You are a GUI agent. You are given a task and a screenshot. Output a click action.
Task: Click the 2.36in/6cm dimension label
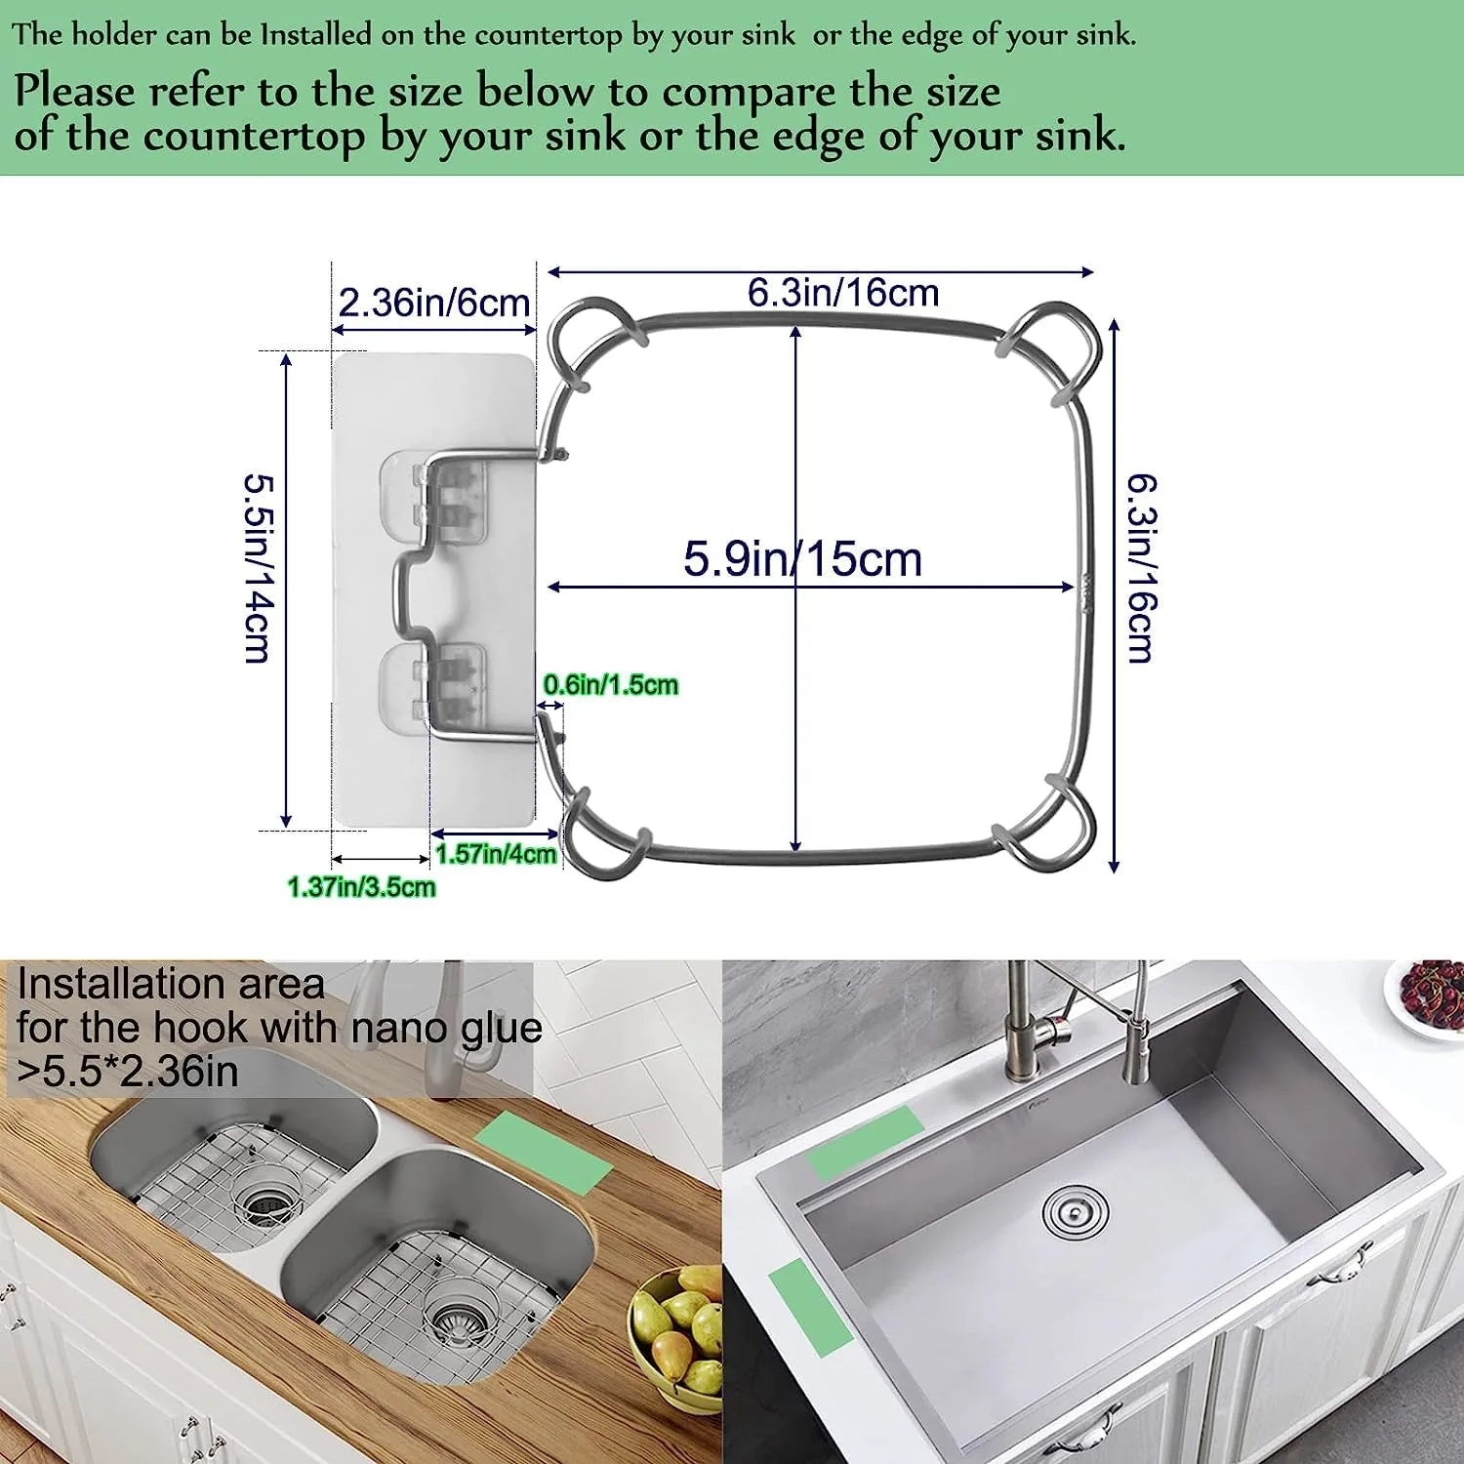tap(433, 303)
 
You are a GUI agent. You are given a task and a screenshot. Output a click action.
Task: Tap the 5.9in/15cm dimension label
tap(802, 559)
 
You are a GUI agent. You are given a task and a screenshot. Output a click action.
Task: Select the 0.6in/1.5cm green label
tap(610, 685)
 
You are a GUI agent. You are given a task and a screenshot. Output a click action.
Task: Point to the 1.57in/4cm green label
tap(496, 855)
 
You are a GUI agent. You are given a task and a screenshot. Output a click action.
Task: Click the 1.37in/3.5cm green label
tap(361, 887)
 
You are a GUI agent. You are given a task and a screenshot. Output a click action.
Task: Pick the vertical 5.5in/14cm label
tap(258, 568)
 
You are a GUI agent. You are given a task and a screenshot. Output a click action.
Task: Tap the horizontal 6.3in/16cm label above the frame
tap(843, 293)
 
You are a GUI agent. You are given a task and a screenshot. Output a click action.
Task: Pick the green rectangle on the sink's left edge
tap(810, 1306)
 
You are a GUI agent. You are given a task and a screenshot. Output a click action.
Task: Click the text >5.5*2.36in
tap(128, 1072)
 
